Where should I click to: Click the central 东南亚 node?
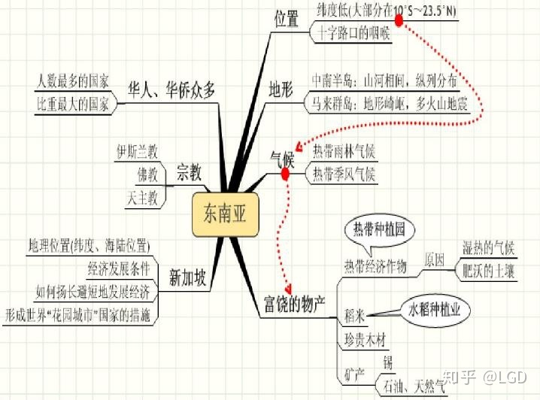click(225, 214)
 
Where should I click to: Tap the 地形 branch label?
click(283, 89)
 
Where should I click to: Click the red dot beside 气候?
click(285, 174)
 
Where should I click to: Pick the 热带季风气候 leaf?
click(343, 176)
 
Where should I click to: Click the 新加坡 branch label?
click(187, 279)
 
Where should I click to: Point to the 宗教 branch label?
click(189, 170)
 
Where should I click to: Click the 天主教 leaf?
click(142, 198)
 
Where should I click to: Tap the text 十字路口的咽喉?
click(350, 32)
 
